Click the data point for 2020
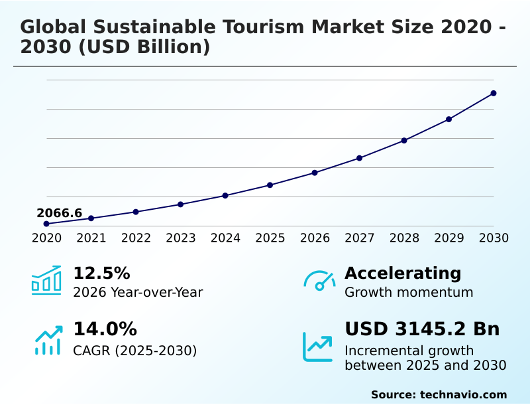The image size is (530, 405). point(46,224)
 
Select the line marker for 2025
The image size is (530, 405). point(270,185)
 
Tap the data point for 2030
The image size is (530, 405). point(494,94)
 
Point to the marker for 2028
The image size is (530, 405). point(404,141)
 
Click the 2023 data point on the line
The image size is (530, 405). point(181,204)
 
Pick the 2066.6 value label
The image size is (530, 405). point(60,213)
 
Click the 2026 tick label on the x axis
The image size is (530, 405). point(315,238)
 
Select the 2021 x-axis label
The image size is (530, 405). point(91,238)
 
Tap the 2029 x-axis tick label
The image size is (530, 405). point(449,238)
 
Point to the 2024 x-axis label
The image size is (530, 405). point(225,238)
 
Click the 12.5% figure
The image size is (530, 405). point(101,274)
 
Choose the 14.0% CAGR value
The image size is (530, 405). point(105,329)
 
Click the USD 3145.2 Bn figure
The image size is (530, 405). point(422,329)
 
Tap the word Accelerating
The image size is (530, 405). point(403,274)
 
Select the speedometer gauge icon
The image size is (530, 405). point(319,281)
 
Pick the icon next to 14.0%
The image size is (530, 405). point(48,340)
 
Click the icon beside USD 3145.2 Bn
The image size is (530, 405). point(318,347)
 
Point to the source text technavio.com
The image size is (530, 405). point(463,394)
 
